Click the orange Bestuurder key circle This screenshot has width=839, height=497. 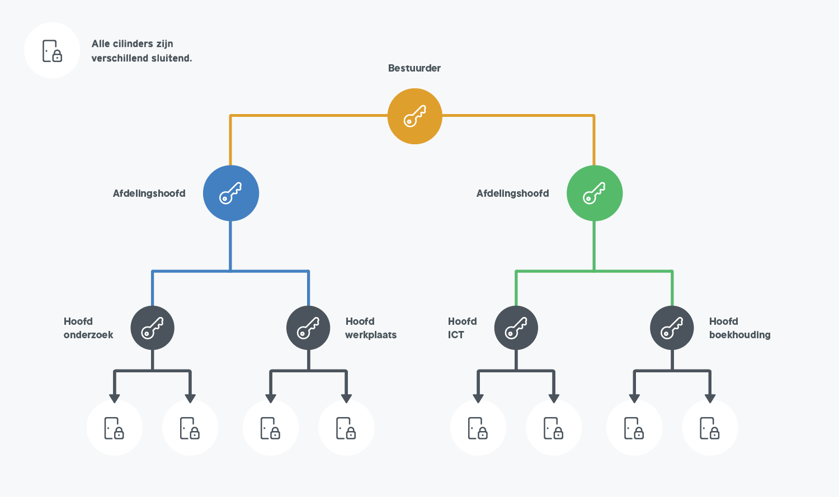pos(414,116)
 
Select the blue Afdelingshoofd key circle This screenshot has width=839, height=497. pos(230,193)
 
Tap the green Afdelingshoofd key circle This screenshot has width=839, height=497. pos(594,193)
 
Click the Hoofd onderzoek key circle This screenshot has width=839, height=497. pos(152,328)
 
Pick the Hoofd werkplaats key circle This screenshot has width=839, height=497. pos(308,328)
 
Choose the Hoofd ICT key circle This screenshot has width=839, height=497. pos(516,328)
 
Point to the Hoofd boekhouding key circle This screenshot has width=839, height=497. pos(672,328)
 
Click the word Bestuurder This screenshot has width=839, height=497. pos(414,68)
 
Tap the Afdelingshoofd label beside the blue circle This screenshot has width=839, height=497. pos(149,193)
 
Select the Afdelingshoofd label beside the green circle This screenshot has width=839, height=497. pos(512,193)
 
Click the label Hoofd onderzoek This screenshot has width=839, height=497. pos(88,328)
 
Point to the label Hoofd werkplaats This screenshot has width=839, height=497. pos(370,328)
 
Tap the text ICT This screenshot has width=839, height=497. pos(456,335)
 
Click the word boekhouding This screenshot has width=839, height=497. pos(739,335)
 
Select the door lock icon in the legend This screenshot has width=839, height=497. pos(52,51)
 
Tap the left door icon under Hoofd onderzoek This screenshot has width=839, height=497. pos(114,428)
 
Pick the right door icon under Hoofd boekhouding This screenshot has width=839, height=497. pos(710,428)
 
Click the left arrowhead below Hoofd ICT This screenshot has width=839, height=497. pos(478,398)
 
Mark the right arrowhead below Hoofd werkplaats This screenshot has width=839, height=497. pos(346,398)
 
